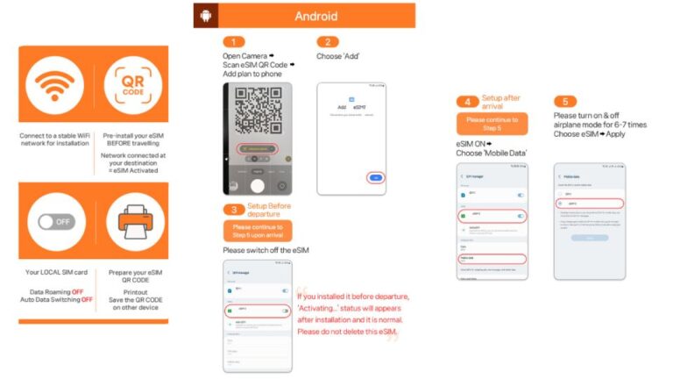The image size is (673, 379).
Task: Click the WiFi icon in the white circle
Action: click(x=55, y=86)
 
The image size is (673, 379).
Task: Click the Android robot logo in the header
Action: click(x=206, y=16)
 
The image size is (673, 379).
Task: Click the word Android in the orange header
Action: click(x=316, y=16)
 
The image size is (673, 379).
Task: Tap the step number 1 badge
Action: click(x=233, y=41)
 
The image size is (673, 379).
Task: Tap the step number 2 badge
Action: click(x=327, y=41)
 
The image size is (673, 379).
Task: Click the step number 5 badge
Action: click(x=565, y=101)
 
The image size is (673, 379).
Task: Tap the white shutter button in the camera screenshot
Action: click(x=257, y=185)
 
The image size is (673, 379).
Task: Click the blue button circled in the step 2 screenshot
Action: click(x=376, y=176)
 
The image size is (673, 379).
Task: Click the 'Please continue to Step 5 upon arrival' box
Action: click(x=257, y=231)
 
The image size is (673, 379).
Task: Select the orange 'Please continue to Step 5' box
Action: click(x=492, y=123)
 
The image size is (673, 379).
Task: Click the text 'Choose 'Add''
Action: click(x=338, y=56)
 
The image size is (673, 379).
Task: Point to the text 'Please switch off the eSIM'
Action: click(x=266, y=250)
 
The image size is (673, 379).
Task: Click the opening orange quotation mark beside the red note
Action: click(x=301, y=293)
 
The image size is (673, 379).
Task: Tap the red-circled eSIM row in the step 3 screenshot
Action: click(x=257, y=310)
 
